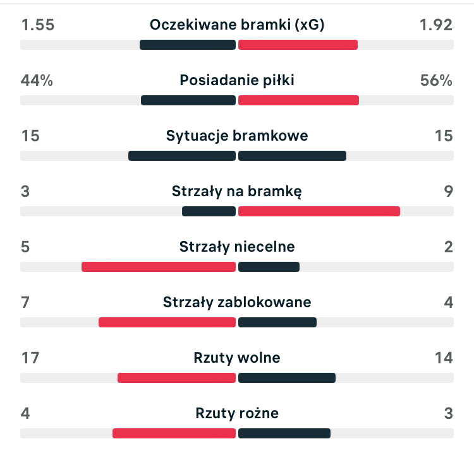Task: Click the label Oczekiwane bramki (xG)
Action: [237, 25]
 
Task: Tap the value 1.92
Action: [436, 25]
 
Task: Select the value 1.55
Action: [38, 25]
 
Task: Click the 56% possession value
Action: [436, 80]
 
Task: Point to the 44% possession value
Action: [37, 80]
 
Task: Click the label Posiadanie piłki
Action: [237, 80]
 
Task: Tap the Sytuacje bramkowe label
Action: [237, 136]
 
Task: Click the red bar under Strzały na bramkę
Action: [319, 211]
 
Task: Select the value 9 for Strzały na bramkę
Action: [449, 191]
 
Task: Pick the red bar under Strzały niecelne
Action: [159, 267]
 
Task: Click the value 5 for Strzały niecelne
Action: [25, 247]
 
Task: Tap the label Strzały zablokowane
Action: [237, 302]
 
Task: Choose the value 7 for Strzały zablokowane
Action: [25, 302]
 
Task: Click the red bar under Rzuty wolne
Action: [176, 378]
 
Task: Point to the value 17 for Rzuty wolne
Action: [30, 358]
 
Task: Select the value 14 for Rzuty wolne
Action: [444, 358]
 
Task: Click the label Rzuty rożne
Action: [237, 413]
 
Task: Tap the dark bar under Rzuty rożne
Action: [284, 433]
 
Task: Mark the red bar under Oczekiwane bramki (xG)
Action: [298, 45]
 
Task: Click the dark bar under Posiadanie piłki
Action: [188, 100]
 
